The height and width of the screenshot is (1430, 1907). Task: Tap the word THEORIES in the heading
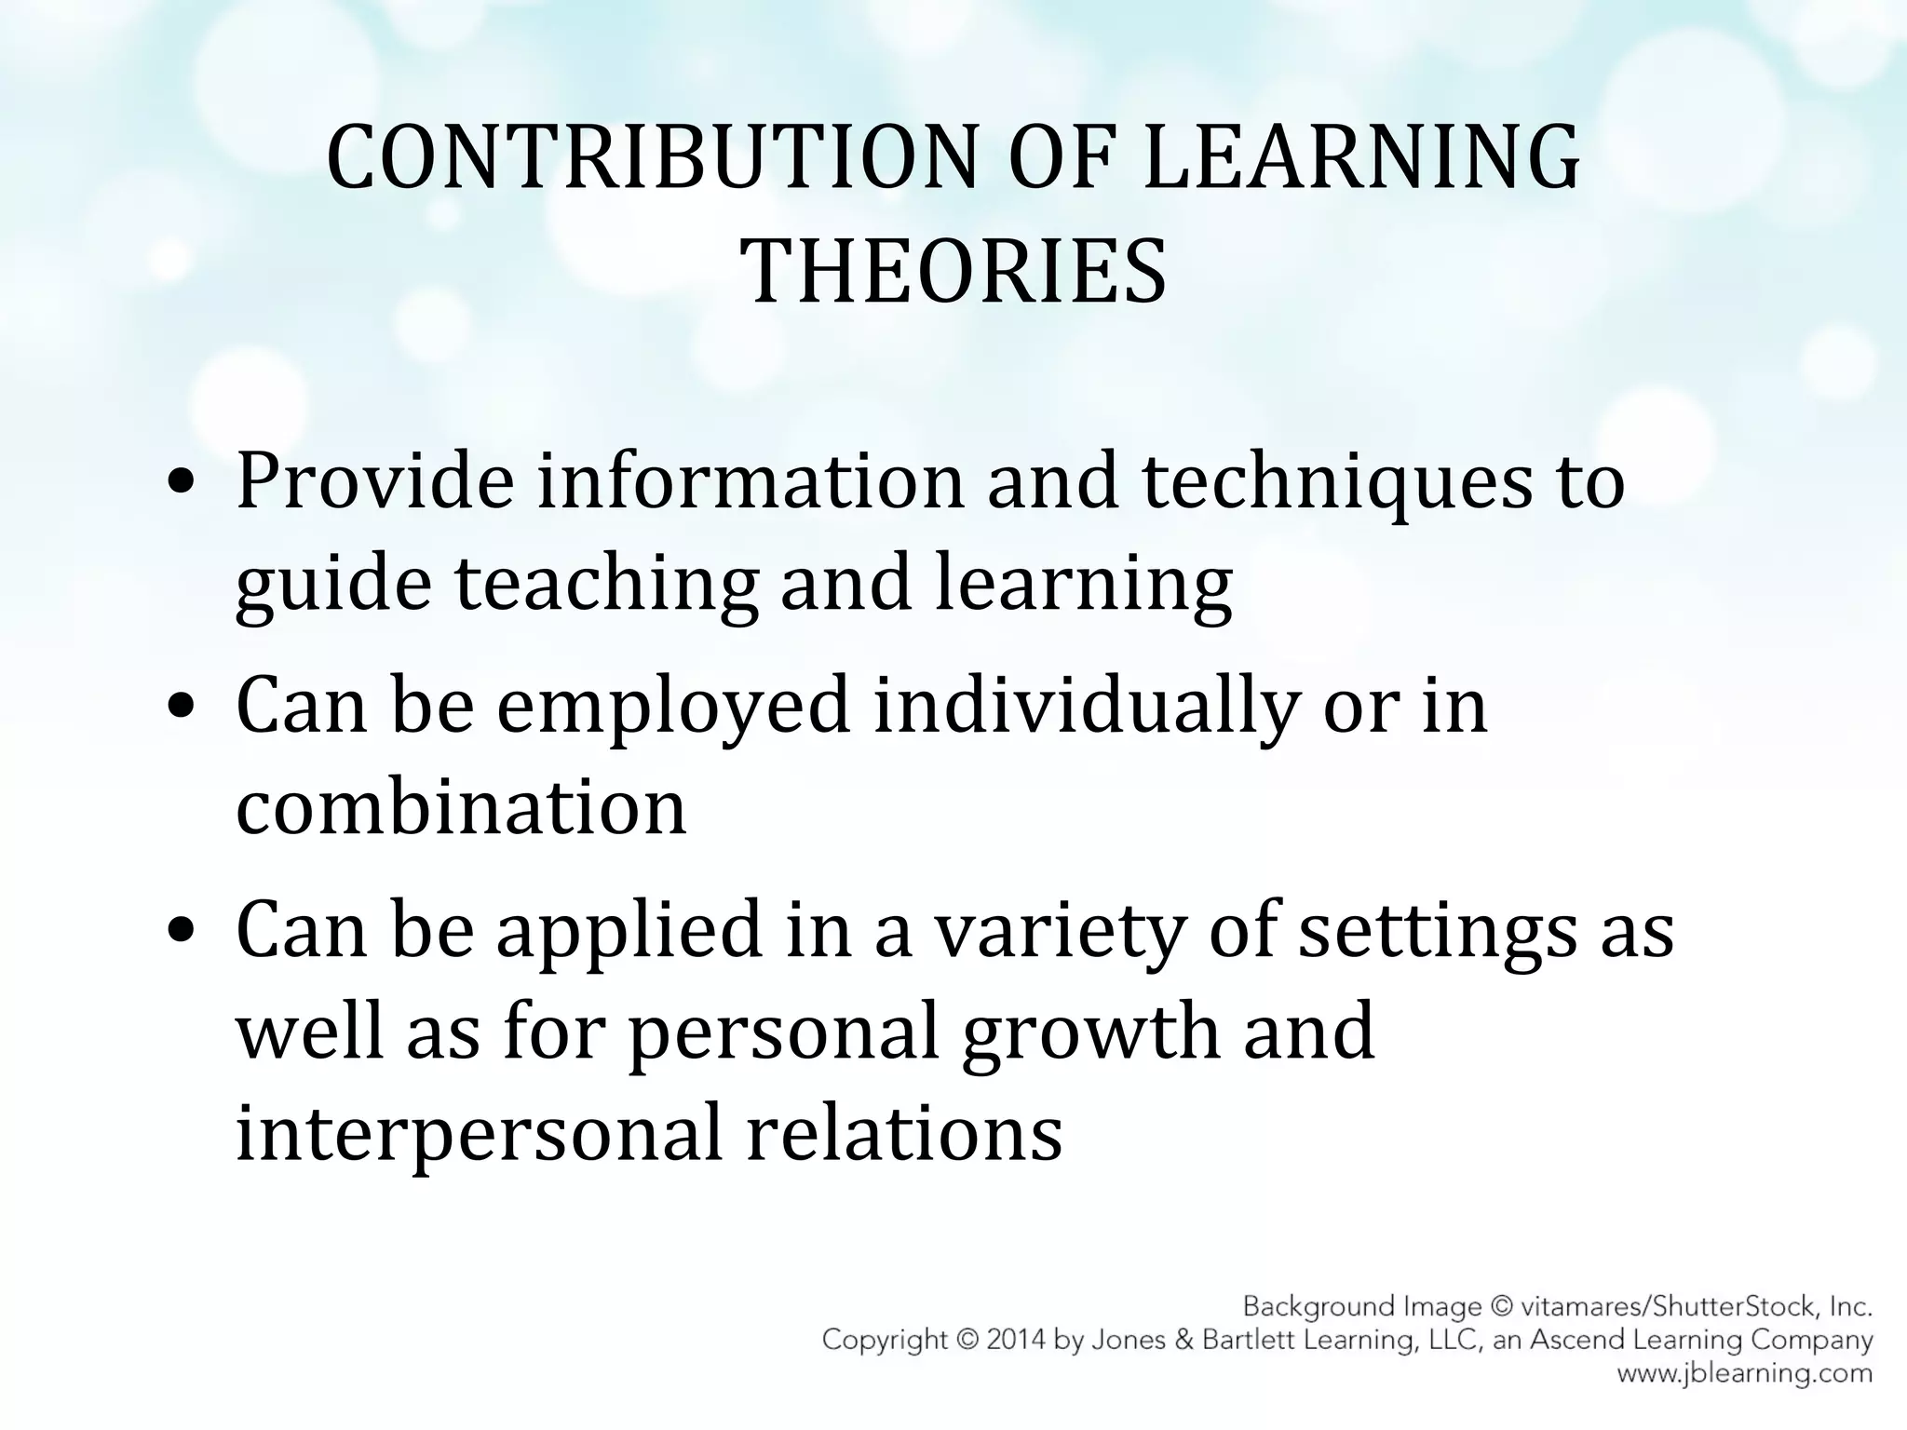click(x=953, y=272)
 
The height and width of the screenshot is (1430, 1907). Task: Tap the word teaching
click(x=605, y=585)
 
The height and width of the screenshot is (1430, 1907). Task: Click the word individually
click(x=1085, y=705)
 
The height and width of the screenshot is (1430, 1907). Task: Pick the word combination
click(x=461, y=806)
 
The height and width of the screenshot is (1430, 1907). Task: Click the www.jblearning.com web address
click(x=1743, y=1373)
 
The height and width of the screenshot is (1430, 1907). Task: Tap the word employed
click(x=674, y=705)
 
